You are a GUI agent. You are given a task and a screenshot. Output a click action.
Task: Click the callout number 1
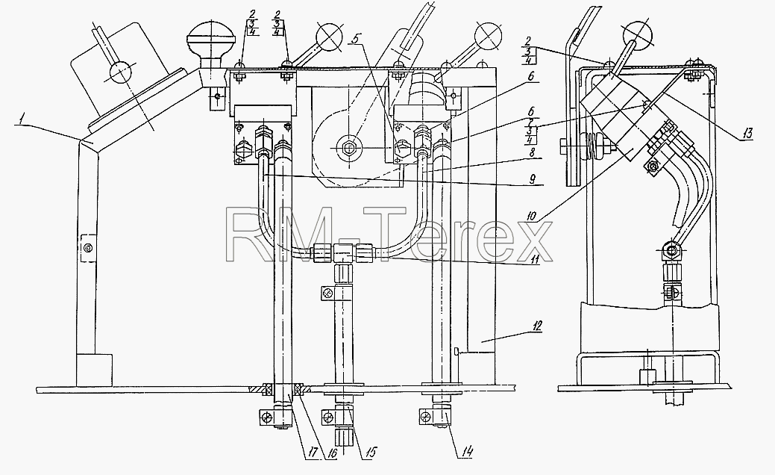coord(19,118)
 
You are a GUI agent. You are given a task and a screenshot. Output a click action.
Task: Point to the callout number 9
coord(531,179)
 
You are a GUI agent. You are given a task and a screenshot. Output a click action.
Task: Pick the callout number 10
coord(531,217)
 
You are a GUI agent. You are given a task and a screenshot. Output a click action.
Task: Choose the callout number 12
coord(537,326)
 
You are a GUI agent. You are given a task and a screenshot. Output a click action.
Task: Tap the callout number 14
coord(468,451)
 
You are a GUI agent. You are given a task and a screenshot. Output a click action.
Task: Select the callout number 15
coord(371,452)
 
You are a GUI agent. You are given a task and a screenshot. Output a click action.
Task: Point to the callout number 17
coord(311,452)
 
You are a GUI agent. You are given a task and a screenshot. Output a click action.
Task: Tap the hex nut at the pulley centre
coord(345,147)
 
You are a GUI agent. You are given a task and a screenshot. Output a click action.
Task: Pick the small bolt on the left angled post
coord(87,247)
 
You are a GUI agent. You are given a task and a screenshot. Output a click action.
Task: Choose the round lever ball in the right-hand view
coord(638,34)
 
